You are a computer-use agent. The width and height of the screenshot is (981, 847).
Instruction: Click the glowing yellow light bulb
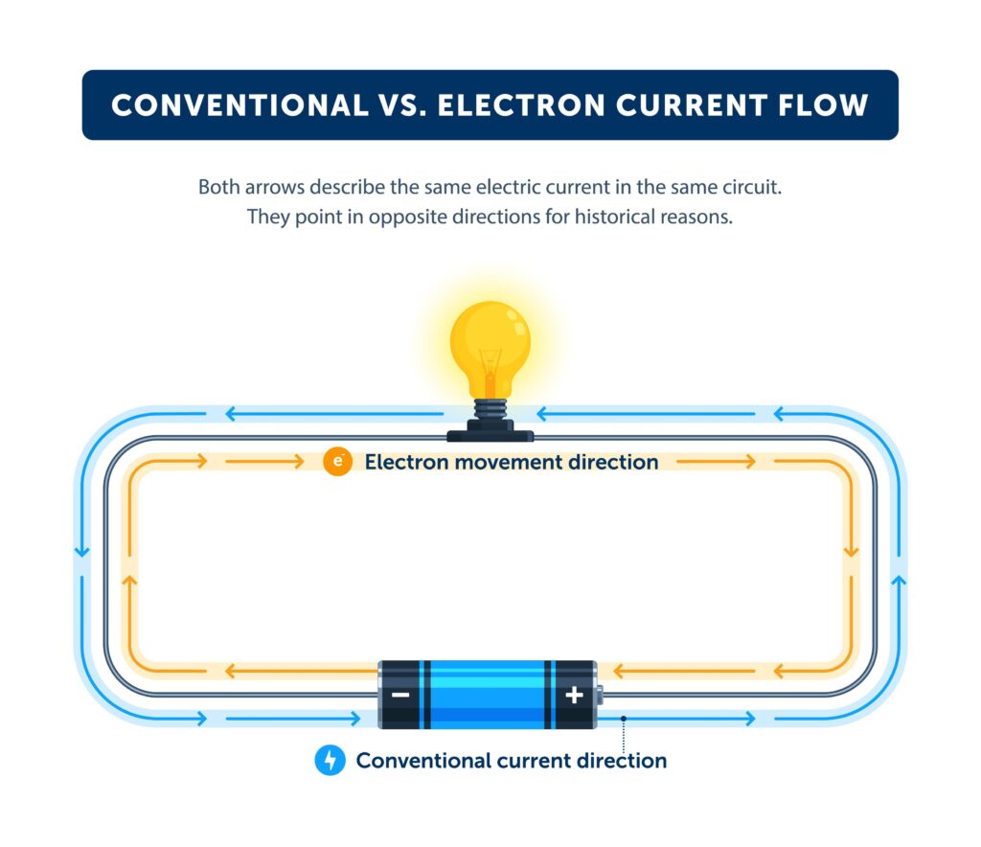490,341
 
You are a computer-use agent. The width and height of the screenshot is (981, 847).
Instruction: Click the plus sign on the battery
573,695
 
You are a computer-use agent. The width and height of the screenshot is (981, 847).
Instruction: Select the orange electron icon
336,462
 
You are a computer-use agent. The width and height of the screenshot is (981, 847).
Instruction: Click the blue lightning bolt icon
330,761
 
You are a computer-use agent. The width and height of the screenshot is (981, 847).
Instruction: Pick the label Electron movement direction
511,463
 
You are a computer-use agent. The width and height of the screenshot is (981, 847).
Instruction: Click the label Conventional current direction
511,761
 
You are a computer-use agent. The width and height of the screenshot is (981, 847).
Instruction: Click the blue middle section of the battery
489,695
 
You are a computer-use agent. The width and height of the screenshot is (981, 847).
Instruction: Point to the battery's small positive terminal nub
600,695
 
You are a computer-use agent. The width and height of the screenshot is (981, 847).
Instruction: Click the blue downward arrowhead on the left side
81,554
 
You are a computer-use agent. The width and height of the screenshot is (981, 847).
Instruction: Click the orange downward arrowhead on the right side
849,554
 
